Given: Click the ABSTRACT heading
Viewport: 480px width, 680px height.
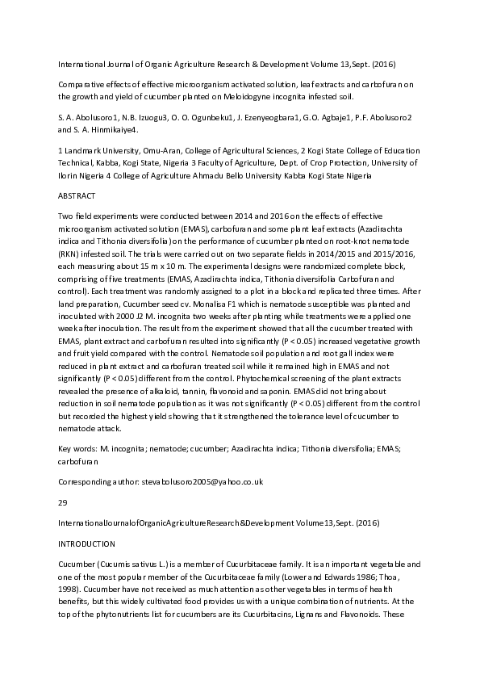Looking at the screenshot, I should [77, 196].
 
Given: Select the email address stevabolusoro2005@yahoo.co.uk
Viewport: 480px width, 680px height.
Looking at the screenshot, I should [202, 481].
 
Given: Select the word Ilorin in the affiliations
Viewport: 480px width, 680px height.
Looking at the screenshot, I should [70, 174].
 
